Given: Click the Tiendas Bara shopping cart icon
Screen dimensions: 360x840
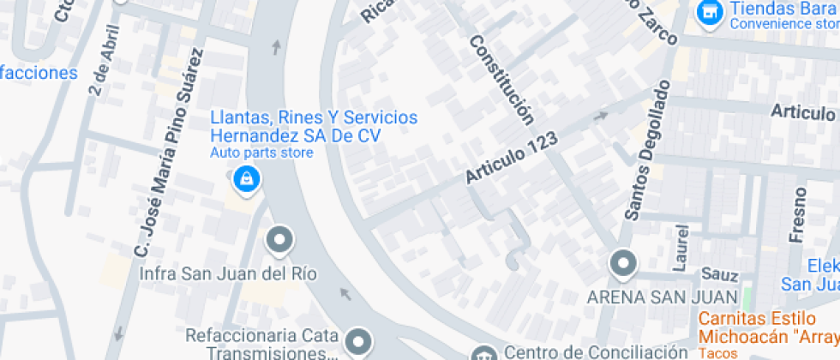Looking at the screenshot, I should [708, 12].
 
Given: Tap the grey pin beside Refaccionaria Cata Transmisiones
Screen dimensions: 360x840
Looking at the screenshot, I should [360, 341].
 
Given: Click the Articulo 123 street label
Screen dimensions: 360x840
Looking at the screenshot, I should [512, 157].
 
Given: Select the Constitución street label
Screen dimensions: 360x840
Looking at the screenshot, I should [501, 80].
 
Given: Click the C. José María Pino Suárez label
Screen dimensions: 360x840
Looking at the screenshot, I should [169, 153].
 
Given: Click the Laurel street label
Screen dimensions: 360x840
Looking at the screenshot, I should [681, 249].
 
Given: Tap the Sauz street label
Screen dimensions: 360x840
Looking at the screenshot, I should [719, 275].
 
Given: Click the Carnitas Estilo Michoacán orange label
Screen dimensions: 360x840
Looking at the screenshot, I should [767, 324].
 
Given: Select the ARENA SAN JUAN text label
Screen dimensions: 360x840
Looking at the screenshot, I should [662, 297].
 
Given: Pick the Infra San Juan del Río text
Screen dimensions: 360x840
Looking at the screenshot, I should [228, 274].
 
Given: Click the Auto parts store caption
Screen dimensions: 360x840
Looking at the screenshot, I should [261, 153].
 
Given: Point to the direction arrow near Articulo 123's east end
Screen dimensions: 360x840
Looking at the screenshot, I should [602, 115].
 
